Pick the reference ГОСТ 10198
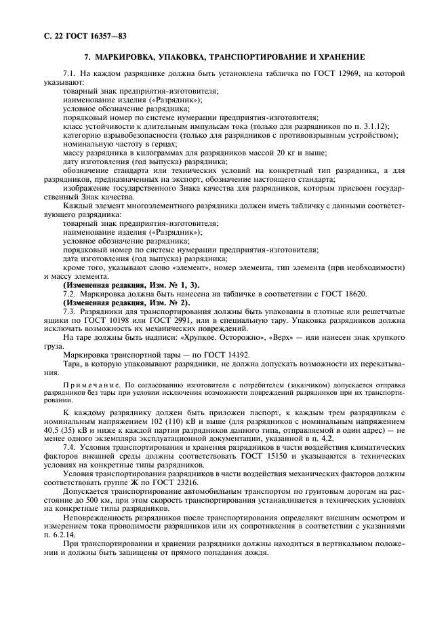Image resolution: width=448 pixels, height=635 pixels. click(x=137, y=320)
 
